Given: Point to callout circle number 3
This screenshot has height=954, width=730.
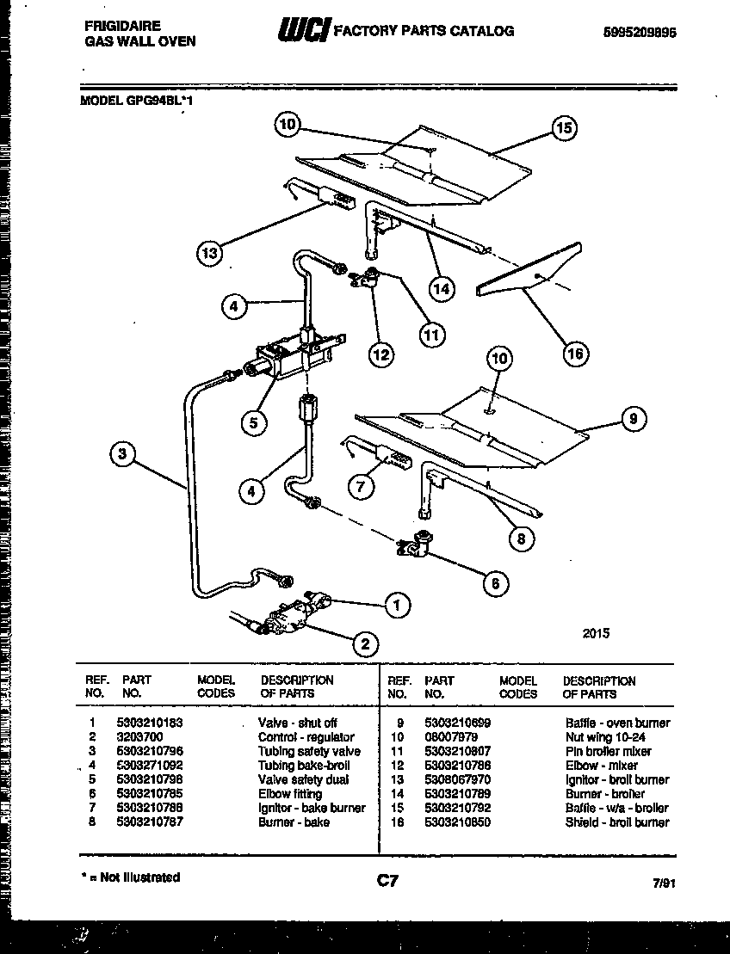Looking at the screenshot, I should click(125, 453).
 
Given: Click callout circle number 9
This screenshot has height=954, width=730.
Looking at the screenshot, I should click(633, 419).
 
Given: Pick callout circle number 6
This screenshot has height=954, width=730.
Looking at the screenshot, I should click(494, 583).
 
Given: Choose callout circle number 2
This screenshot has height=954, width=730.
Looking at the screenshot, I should click(364, 643).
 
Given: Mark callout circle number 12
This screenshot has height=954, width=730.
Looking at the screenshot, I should click(380, 353).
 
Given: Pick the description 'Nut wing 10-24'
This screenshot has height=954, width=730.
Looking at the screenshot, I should click(605, 737).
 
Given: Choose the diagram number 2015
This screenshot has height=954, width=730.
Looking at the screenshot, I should click(596, 632).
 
